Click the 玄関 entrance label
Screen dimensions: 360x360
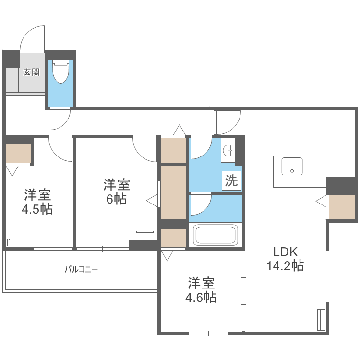click(31, 72)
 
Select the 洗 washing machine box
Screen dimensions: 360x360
click(231, 181)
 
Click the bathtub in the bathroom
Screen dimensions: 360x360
click(215, 236)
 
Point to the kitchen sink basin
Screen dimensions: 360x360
click(291, 166)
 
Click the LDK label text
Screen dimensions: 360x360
click(286, 252)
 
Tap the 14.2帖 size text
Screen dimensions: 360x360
click(285, 266)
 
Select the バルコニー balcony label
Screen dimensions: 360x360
click(82, 269)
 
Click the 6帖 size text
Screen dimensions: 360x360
click(116, 199)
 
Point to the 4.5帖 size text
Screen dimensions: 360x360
click(37, 210)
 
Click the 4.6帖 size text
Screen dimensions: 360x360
click(201, 298)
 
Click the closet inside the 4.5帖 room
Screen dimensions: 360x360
click(18, 154)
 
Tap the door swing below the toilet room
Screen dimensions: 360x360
click(60, 119)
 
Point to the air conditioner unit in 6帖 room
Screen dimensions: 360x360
click(145, 235)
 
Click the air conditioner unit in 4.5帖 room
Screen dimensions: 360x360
click(18, 241)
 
